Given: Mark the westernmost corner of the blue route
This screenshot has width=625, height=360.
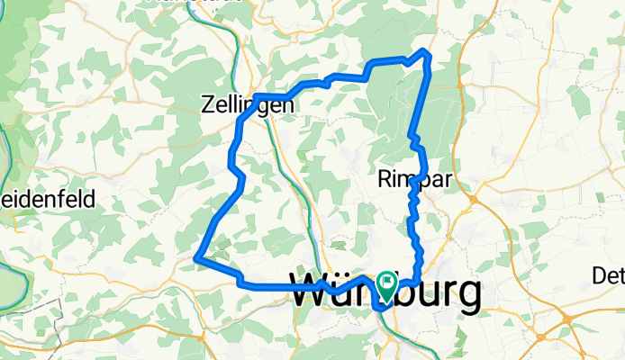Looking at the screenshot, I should point(197,258).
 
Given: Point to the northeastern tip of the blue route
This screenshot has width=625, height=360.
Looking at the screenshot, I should point(426,54).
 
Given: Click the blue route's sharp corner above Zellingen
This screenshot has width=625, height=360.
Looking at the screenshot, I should point(257,95).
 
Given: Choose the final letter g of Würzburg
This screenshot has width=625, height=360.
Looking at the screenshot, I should point(468,295).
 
